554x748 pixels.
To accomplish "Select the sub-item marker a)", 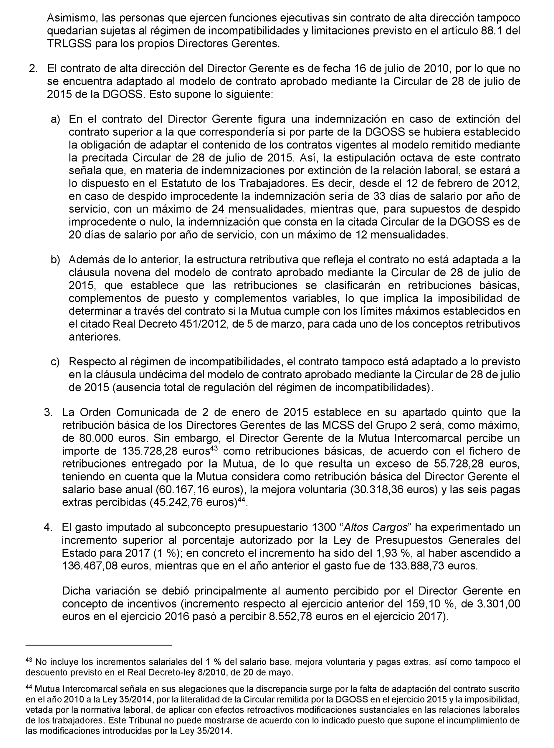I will coord(55,119).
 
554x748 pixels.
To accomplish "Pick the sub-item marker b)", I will coord(55,260).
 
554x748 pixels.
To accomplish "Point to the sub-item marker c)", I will coord(55,362).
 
